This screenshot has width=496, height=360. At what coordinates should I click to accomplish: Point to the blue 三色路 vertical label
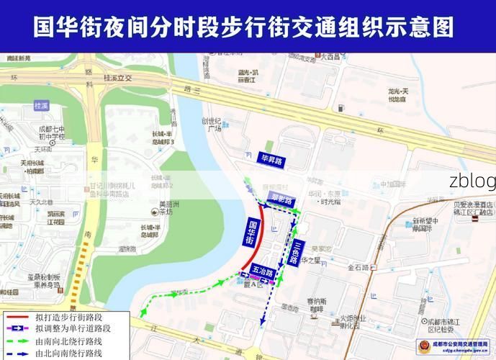point(294,252)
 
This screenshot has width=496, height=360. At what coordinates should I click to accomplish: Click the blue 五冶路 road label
point(261,274)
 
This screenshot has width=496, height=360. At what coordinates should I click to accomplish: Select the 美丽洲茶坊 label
point(166,207)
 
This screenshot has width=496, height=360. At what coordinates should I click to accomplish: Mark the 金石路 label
point(359,267)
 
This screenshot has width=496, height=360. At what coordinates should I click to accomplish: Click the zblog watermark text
point(472,181)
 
